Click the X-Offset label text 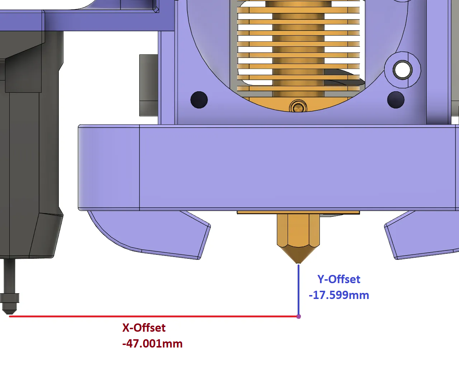(x=144, y=328)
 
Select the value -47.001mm (x=152, y=344)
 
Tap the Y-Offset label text (x=339, y=279)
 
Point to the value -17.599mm (x=339, y=295)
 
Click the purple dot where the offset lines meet (x=299, y=317)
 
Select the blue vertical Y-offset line (x=298, y=290)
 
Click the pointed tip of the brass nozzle (x=298, y=263)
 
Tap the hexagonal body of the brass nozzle (x=298, y=230)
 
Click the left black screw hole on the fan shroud (x=199, y=100)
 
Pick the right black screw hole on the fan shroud (x=396, y=100)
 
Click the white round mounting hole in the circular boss (x=402, y=70)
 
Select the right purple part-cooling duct (x=422, y=235)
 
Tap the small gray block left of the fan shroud (x=149, y=85)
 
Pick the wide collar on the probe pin (x=10, y=298)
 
